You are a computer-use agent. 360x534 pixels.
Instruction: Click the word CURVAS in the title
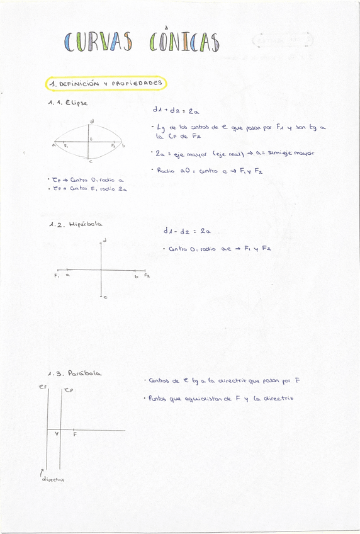pos(98,42)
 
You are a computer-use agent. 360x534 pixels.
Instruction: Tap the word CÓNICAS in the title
pos(185,42)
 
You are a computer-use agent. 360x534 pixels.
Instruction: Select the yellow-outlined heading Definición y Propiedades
pos(106,83)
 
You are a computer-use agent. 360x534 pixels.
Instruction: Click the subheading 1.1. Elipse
pos(68,102)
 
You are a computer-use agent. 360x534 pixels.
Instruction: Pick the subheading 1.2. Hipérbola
pos(76,224)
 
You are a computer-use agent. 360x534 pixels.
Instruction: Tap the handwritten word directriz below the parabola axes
pos(53,479)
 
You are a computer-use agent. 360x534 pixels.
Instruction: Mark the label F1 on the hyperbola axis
pos(57,275)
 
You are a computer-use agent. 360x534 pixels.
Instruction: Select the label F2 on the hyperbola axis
pos(147,275)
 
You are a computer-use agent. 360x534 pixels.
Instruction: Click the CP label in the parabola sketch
pos(69,390)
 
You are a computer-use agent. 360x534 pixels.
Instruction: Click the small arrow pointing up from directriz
pos(42,471)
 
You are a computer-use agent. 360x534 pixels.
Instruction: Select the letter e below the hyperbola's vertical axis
pos(104,297)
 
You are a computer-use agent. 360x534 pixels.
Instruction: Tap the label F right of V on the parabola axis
pos(75,435)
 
